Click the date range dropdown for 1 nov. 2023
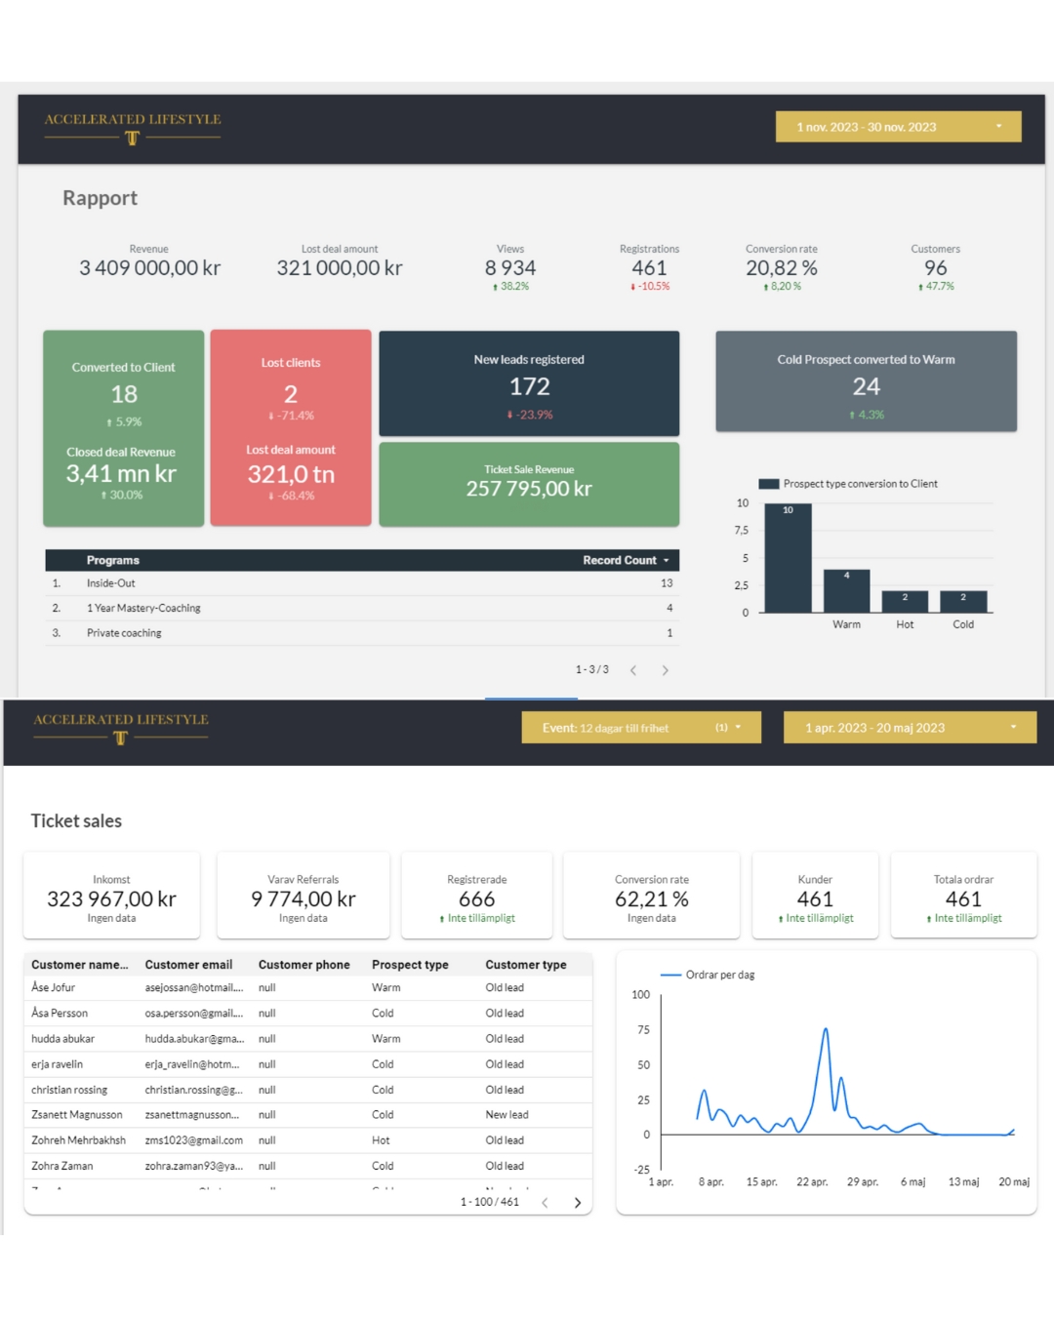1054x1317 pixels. pyautogui.click(x=898, y=127)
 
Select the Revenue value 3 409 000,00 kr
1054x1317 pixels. pyautogui.click(x=149, y=268)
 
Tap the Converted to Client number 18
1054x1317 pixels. pyautogui.click(x=124, y=394)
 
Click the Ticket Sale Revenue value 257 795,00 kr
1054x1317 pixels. pyautogui.click(x=529, y=489)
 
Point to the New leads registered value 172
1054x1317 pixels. pyautogui.click(x=529, y=387)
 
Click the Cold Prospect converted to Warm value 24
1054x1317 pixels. pyautogui.click(x=866, y=387)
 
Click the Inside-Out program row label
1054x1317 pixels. pyautogui.click(x=111, y=583)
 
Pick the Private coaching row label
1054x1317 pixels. pyautogui.click(x=124, y=633)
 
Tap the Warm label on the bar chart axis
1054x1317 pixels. pyautogui.click(x=846, y=624)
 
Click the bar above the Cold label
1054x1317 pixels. pyautogui.click(x=963, y=601)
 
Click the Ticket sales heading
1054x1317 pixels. pyautogui.click(x=76, y=821)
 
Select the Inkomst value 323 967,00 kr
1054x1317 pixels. pyautogui.click(x=111, y=899)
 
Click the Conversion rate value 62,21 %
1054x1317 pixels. pyautogui.click(x=652, y=899)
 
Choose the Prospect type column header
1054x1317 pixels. pyautogui.click(x=410, y=965)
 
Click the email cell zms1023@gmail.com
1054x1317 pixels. pyautogui.click(x=194, y=1140)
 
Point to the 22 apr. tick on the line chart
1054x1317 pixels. pyautogui.click(x=812, y=1181)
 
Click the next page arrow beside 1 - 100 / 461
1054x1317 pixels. pyautogui.click(x=578, y=1203)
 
